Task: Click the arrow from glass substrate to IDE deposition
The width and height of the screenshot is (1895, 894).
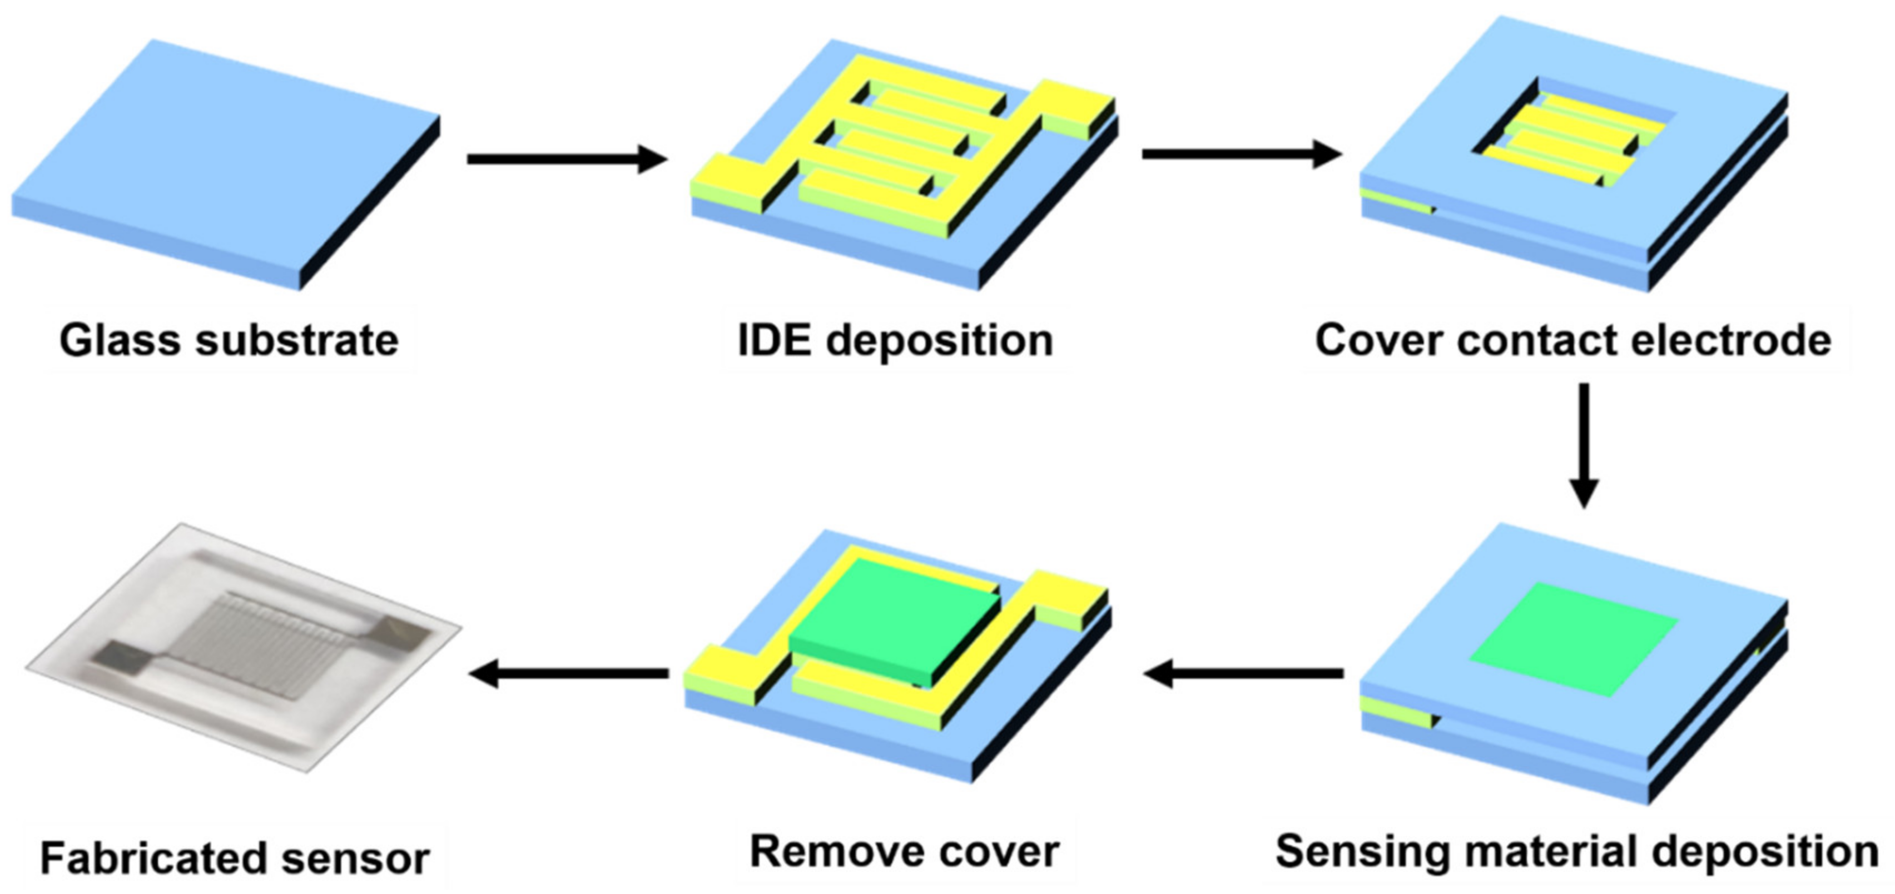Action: pos(567,159)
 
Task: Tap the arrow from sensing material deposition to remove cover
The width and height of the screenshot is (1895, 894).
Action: pos(1243,673)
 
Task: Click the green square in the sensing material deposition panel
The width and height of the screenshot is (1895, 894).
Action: pos(1574,639)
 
